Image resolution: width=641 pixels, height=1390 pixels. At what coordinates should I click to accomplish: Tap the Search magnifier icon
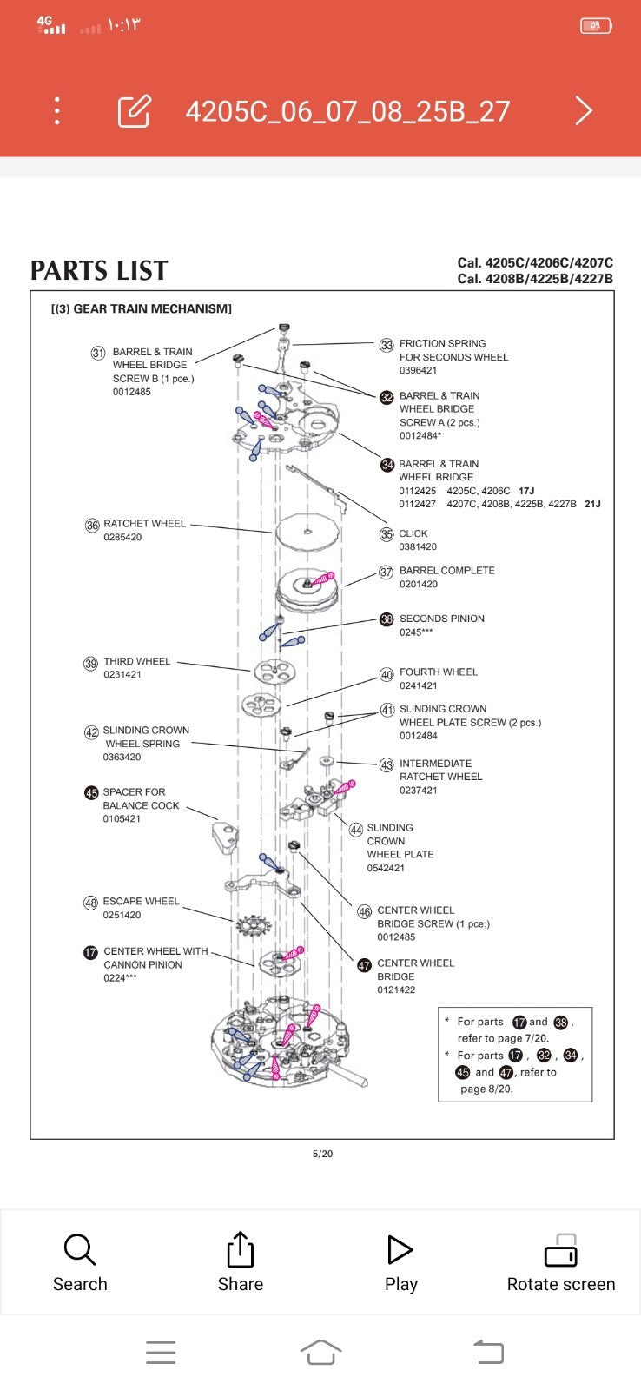click(x=79, y=1250)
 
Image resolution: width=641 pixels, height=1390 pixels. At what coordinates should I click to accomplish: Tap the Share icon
click(x=240, y=1250)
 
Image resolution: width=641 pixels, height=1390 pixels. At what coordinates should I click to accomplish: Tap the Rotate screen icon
click(x=560, y=1251)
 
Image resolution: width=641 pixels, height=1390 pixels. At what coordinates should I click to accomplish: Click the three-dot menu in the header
click(x=57, y=111)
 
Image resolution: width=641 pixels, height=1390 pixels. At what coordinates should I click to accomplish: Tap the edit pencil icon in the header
click(x=135, y=111)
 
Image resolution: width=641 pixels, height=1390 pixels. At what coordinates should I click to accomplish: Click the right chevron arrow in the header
click(x=584, y=111)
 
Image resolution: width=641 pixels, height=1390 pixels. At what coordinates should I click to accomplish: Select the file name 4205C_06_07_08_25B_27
click(x=347, y=111)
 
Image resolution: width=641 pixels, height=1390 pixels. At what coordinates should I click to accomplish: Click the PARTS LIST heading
click(x=99, y=271)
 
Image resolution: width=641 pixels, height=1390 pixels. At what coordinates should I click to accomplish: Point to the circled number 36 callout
click(x=92, y=526)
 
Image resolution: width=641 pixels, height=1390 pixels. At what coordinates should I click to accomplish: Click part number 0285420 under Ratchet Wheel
click(x=122, y=538)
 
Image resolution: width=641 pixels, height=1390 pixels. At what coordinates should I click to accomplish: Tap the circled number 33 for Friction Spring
click(x=387, y=345)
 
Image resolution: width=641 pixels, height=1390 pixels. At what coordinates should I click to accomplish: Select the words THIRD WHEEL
click(x=136, y=661)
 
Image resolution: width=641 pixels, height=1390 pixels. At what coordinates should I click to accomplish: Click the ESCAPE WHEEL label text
click(x=141, y=902)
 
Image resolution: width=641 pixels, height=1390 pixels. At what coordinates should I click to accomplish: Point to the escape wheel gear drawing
click(x=253, y=926)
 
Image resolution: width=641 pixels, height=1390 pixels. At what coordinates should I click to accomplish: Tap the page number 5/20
click(x=322, y=1154)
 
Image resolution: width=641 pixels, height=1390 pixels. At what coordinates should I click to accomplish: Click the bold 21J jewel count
click(x=592, y=504)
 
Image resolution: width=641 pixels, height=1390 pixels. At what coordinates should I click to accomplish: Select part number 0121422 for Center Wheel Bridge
click(x=396, y=990)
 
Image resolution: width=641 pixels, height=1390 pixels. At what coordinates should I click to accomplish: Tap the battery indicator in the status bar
click(x=596, y=26)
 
